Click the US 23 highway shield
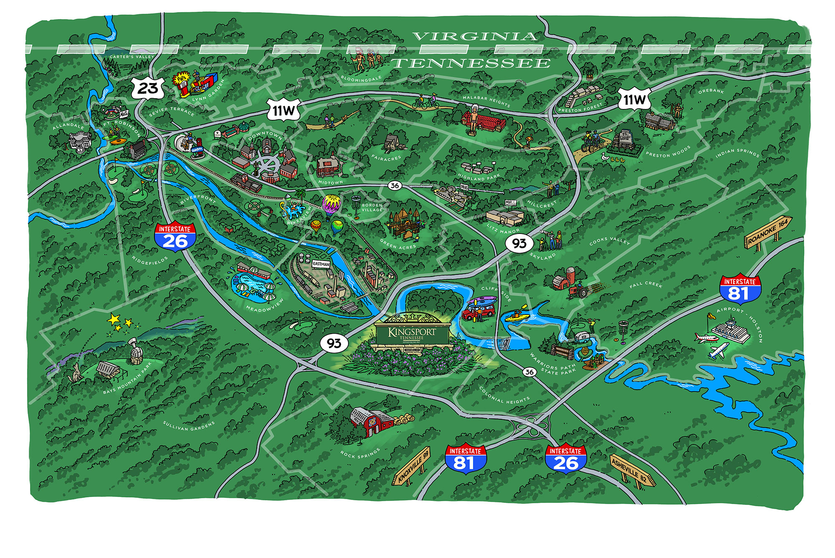[x=148, y=88]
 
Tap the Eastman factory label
[x=321, y=264]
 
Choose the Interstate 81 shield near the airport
[x=739, y=289]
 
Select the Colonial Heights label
[x=504, y=395]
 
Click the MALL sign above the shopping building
[x=510, y=202]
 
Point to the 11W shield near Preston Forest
[x=635, y=99]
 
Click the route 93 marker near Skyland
[x=519, y=243]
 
